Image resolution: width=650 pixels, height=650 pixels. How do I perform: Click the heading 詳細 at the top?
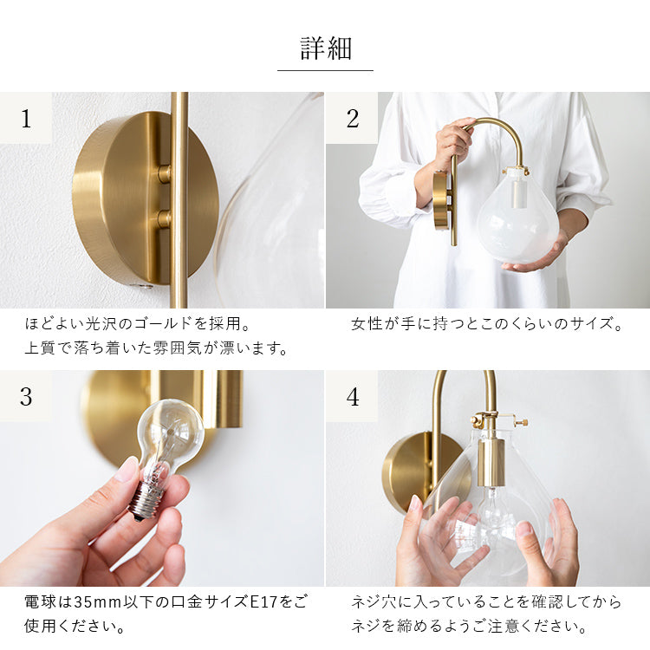(326, 49)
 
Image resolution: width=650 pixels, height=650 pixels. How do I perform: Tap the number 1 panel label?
(26, 118)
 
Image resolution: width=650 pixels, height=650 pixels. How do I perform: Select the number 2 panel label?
(352, 118)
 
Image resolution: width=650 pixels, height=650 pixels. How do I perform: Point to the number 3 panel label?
(26, 396)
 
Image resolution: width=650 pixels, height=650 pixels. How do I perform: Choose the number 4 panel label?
(352, 396)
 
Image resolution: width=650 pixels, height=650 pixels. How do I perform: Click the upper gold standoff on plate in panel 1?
(164, 173)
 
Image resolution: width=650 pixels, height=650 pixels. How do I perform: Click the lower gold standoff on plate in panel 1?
(164, 218)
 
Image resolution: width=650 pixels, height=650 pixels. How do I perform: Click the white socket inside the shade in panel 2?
(517, 195)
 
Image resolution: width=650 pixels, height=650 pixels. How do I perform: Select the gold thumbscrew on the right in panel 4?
(523, 423)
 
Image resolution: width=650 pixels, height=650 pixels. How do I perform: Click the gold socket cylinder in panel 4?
(491, 463)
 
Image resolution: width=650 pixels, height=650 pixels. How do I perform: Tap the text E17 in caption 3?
(264, 602)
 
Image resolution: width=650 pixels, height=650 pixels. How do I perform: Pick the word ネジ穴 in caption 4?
(374, 602)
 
